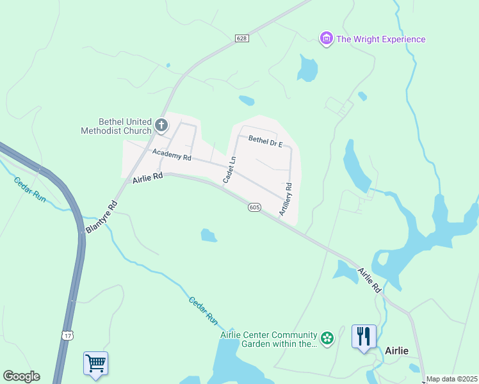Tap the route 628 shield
241,38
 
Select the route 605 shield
254,207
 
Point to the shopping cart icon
95,364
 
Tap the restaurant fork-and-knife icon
364,336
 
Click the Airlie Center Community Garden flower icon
327,337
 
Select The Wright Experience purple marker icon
327,39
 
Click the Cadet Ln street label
230,170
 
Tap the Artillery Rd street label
286,198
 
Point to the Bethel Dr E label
265,141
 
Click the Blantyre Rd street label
102,218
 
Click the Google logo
21,376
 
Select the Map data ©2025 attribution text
451,379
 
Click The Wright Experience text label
380,39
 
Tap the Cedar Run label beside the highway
29,189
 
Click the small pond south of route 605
209,236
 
